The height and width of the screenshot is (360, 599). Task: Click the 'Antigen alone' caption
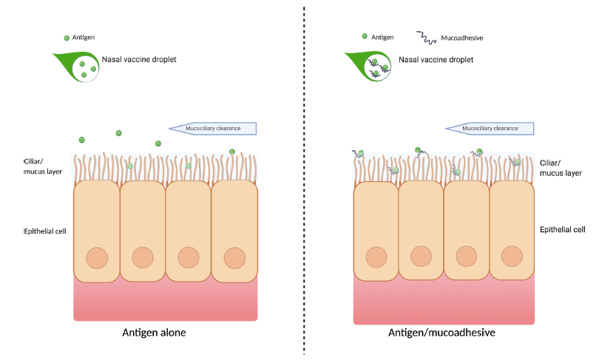point(153,333)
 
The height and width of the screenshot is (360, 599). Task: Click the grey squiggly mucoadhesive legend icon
point(426,36)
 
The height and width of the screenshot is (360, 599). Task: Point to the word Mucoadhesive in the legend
point(462,37)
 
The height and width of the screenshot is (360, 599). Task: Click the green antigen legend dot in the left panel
point(67,37)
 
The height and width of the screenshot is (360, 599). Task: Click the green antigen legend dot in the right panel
point(364,36)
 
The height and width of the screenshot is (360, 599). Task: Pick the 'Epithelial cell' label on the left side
point(45,231)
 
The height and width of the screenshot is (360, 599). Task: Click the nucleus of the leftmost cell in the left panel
point(96,258)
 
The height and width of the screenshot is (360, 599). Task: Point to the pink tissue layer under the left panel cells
point(166,303)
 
